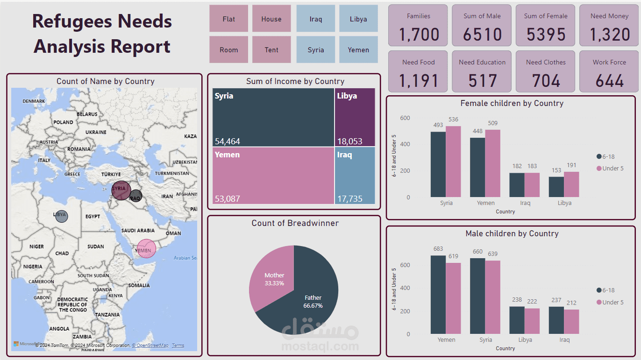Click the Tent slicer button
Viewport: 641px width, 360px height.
[x=271, y=49]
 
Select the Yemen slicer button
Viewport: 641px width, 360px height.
[x=358, y=49]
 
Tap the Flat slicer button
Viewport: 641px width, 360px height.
[x=228, y=19]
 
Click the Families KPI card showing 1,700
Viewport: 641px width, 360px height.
[x=418, y=26]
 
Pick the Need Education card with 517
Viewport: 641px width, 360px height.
[x=482, y=72]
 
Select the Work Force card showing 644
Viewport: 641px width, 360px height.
[x=609, y=72]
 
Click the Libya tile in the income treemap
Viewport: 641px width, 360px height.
[x=355, y=117]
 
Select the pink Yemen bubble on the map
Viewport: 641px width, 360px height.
[x=146, y=248]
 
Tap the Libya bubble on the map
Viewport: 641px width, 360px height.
[x=61, y=216]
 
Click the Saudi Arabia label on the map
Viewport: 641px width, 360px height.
[x=138, y=231]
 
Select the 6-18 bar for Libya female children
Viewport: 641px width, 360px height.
[x=556, y=187]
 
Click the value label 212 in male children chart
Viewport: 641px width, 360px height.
[x=571, y=303]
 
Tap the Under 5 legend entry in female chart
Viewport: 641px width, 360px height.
[x=610, y=168]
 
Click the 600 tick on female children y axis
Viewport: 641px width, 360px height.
[x=405, y=118]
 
